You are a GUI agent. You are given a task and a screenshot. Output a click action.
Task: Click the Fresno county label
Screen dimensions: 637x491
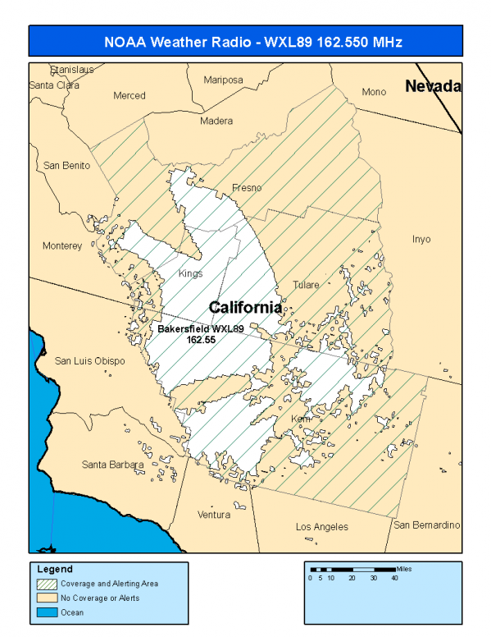247,188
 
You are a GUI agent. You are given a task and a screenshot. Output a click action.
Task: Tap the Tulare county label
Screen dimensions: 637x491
307,285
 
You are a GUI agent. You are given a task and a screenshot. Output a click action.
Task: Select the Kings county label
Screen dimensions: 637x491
191,273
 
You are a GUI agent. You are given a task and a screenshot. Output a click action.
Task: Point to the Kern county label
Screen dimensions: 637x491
302,419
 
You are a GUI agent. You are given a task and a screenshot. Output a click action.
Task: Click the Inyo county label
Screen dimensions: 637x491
421,240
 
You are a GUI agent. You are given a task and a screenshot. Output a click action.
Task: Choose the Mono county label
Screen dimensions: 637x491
374,92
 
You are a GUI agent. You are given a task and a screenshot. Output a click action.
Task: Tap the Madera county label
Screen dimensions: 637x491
216,121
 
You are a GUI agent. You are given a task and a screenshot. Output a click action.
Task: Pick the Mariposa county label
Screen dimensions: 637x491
224,80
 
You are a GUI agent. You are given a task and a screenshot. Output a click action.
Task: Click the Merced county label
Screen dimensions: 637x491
130,95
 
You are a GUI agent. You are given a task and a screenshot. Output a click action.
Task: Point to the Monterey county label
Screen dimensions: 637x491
62,245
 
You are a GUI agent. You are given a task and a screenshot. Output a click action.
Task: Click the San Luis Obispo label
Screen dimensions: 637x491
89,360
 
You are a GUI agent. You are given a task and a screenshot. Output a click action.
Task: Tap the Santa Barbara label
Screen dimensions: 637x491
113,465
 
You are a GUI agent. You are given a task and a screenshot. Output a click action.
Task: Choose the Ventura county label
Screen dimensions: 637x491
214,515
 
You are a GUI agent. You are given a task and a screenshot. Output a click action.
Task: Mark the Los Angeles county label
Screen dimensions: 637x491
321,526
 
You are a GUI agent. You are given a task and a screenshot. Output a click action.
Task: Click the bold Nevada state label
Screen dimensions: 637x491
434,86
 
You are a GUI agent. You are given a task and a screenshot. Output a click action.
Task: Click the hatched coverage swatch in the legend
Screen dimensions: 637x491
46,584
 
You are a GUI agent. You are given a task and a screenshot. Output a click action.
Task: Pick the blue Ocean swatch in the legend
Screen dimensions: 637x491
46,612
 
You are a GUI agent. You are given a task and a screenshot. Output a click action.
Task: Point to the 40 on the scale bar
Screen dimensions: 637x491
395,578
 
